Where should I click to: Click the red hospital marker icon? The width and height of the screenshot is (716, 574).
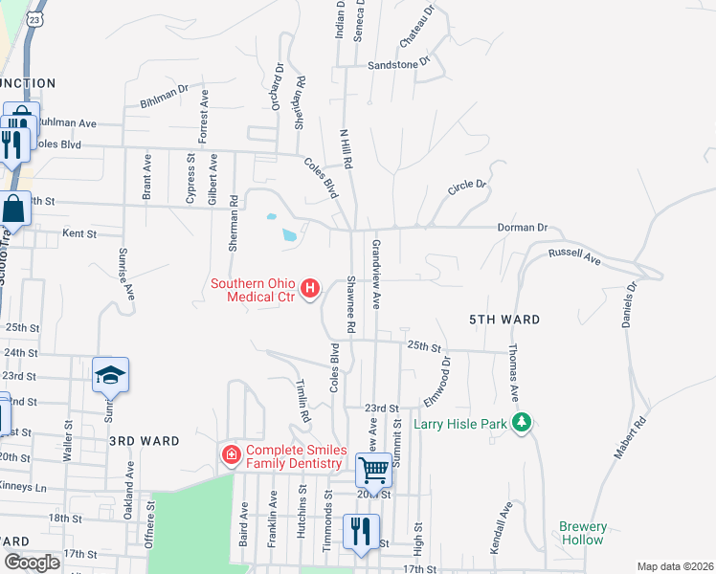tap(309, 288)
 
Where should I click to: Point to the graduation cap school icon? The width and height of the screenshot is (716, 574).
tap(110, 375)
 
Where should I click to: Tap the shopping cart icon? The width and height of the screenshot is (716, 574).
tap(373, 470)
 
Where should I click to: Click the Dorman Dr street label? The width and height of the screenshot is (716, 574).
tap(522, 228)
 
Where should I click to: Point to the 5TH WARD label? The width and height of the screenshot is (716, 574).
tap(504, 320)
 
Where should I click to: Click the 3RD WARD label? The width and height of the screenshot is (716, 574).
tap(145, 441)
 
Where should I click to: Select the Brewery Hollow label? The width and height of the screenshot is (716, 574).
tap(583, 533)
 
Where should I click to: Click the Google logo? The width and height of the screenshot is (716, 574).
tap(32, 563)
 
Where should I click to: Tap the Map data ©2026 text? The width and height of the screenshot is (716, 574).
tap(674, 566)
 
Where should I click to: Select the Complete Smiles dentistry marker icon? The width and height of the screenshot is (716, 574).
tap(231, 455)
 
